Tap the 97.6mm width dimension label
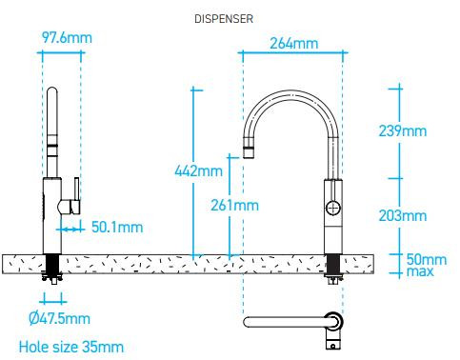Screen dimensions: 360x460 pyautogui.click(x=67, y=38)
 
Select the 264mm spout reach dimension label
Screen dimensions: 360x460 pyautogui.click(x=292, y=43)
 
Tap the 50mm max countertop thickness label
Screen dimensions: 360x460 pyautogui.click(x=427, y=265)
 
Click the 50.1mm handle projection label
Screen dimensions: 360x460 pyautogui.click(x=116, y=227)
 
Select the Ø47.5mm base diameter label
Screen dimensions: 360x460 pyautogui.click(x=58, y=317)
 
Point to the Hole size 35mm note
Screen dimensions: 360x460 pyautogui.click(x=70, y=345)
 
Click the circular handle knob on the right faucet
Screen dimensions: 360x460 pyautogui.click(x=333, y=209)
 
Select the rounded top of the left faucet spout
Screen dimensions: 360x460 pyautogui.click(x=54, y=92)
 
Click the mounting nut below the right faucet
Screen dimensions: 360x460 pyautogui.click(x=333, y=278)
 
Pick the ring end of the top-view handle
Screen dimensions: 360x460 pyautogui.click(x=333, y=321)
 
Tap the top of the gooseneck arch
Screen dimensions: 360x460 pyautogui.click(x=291, y=95)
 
